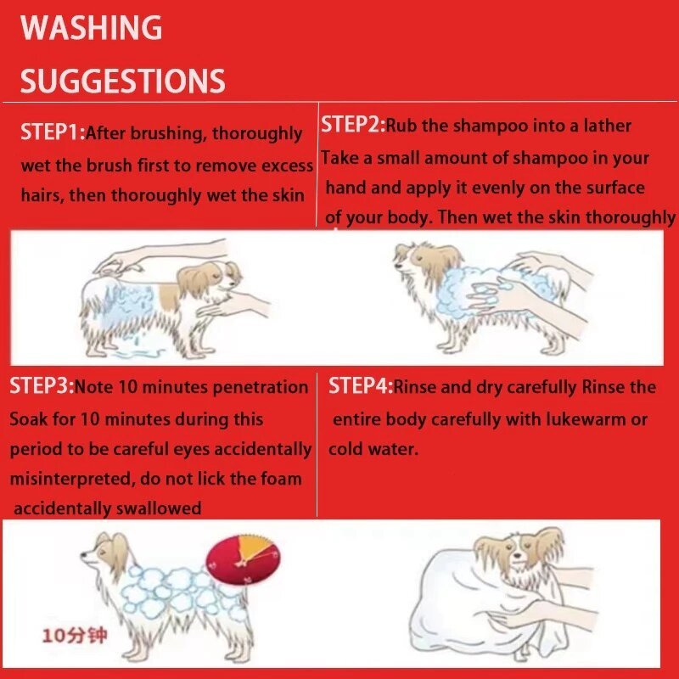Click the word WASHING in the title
tap(92, 27)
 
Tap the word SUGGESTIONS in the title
tap(122, 81)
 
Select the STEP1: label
tap(53, 132)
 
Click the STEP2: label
tap(353, 125)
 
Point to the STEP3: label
tap(42, 385)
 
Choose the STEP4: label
tap(361, 385)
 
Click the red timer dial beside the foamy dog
tap(243, 559)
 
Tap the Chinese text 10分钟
tap(74, 636)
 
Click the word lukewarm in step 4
tap(585, 418)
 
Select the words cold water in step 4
tap(373, 449)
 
